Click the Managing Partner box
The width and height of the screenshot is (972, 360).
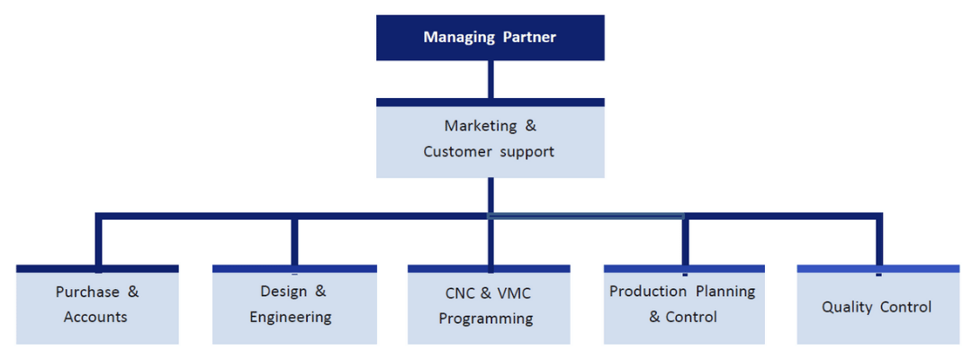pos(490,38)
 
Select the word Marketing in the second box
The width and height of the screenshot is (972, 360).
pos(481,126)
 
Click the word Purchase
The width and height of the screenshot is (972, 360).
pos(86,292)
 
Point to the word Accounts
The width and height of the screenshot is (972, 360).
pos(95,317)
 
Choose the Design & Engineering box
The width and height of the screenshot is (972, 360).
pos(294,306)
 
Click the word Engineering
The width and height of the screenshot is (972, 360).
pos(291,317)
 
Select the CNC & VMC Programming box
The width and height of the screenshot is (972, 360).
pos(489,306)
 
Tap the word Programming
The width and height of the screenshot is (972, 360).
pos(486,319)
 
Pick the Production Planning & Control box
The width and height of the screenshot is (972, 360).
pos(684,306)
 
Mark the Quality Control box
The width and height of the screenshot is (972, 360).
pos(877,306)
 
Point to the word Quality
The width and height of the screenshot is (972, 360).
pos(846,307)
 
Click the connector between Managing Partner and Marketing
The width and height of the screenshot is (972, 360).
pos(490,79)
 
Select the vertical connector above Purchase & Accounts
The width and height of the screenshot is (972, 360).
pos(99,241)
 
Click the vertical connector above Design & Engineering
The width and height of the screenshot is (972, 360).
pos(294,241)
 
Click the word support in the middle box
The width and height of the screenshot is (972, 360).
pos(525,151)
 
